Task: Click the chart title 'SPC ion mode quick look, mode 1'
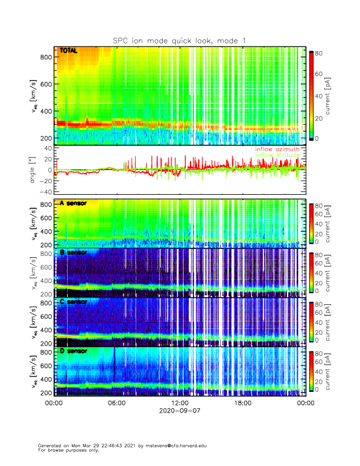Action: click(x=179, y=40)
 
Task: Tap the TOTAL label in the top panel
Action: click(x=69, y=51)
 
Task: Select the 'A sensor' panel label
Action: click(x=74, y=204)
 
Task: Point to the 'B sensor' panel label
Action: click(x=74, y=252)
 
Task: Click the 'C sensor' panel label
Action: click(x=74, y=302)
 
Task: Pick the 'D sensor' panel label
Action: click(x=74, y=351)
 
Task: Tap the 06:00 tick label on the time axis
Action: click(x=116, y=404)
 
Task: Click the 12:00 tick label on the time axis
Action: click(x=179, y=404)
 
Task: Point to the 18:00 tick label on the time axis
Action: click(x=242, y=404)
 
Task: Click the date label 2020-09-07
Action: click(x=179, y=412)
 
